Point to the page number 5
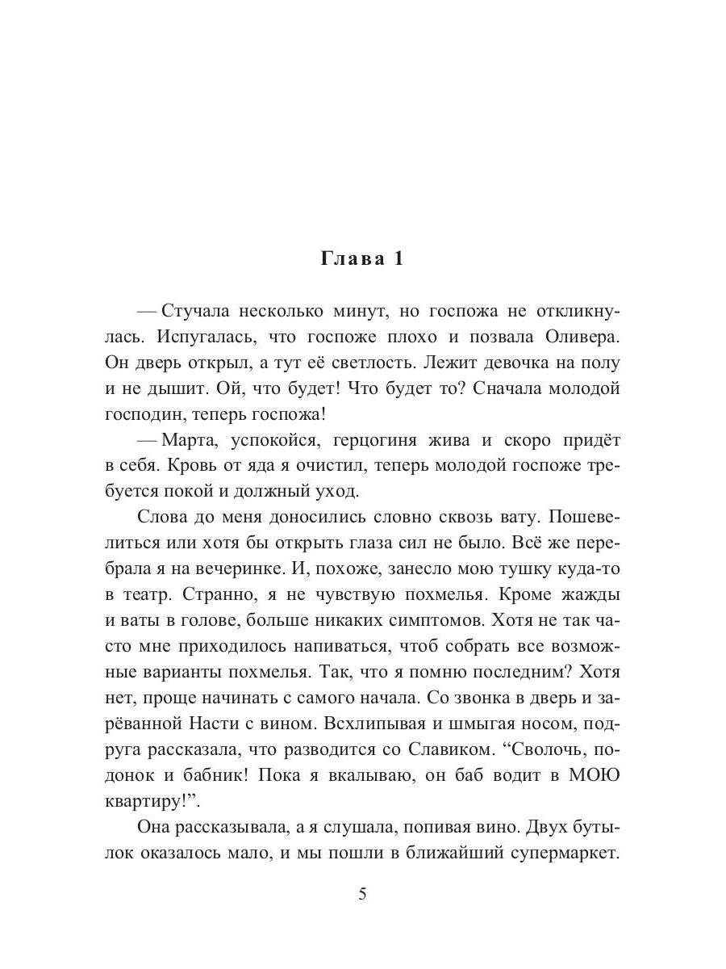point(363,894)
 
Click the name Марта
point(190,440)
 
